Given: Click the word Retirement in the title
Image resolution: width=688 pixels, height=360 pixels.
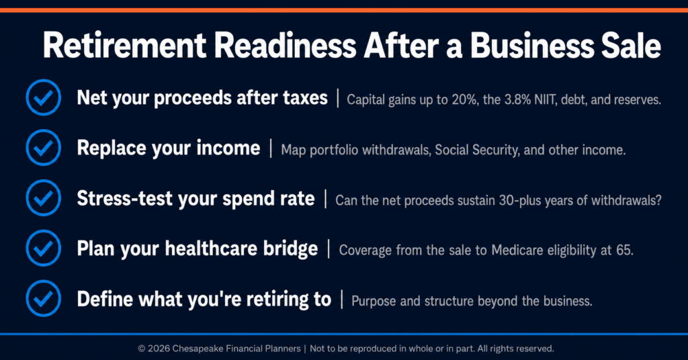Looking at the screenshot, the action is pyautogui.click(x=124, y=46).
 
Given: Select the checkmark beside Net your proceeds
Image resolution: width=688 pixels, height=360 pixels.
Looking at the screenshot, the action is pyautogui.click(x=44, y=97).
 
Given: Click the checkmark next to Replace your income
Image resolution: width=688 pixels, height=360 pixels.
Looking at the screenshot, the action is pyautogui.click(x=44, y=148).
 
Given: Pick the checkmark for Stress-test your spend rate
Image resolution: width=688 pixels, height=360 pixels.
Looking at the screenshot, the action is pyautogui.click(x=44, y=197).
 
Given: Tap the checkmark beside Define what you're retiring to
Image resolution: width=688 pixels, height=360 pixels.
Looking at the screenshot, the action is pyautogui.click(x=44, y=299).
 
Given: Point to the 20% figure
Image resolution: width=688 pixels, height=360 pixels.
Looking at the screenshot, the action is pyautogui.click(x=464, y=99).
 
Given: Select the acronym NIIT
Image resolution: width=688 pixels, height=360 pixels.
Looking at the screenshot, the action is pyautogui.click(x=545, y=99).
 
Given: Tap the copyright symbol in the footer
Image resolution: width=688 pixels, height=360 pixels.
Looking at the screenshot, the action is pyautogui.click(x=141, y=349).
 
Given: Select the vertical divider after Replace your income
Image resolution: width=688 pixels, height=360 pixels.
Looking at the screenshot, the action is pyautogui.click(x=271, y=148).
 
